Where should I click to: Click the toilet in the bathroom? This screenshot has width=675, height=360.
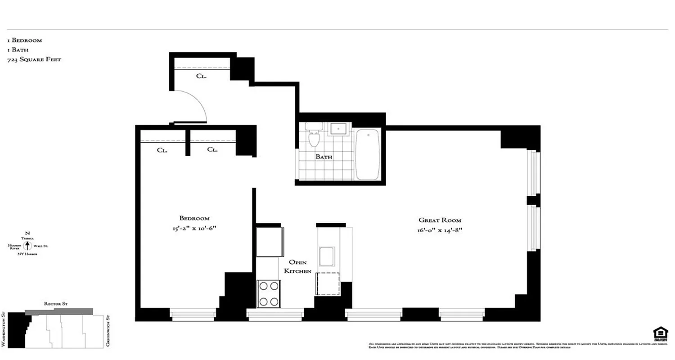click(314, 136)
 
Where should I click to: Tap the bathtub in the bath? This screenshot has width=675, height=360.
click(368, 154)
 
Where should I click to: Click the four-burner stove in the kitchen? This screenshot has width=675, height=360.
click(269, 293)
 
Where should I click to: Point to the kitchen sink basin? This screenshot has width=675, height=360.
click(327, 256)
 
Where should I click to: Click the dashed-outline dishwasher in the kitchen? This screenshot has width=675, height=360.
click(328, 283)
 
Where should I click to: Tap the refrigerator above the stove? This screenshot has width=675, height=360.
click(270, 242)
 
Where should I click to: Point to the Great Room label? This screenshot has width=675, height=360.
click(440, 220)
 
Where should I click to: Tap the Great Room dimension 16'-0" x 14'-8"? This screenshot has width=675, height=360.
click(440, 230)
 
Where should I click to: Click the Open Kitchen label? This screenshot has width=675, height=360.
click(297, 266)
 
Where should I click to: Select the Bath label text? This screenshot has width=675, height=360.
click(324, 157)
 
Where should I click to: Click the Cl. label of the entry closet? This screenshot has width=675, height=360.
click(201, 76)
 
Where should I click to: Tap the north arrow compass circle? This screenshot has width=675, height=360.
click(27, 246)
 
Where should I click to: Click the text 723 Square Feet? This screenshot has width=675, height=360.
click(34, 59)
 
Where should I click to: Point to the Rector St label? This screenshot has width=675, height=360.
click(55, 304)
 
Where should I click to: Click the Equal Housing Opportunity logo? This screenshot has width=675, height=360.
click(660, 334)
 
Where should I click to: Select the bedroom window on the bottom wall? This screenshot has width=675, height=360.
click(193, 314)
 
